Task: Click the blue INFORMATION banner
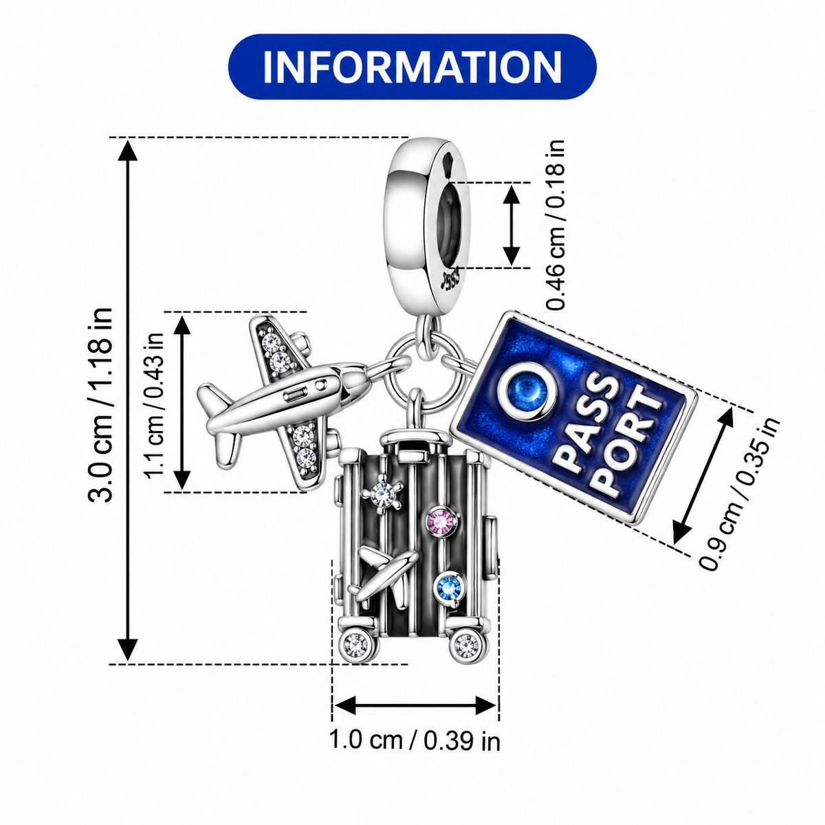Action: point(412,67)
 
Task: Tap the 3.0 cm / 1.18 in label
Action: point(100,404)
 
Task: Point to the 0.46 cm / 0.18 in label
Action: point(556,224)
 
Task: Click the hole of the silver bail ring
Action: point(450,225)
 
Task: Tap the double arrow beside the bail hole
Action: point(511,225)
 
